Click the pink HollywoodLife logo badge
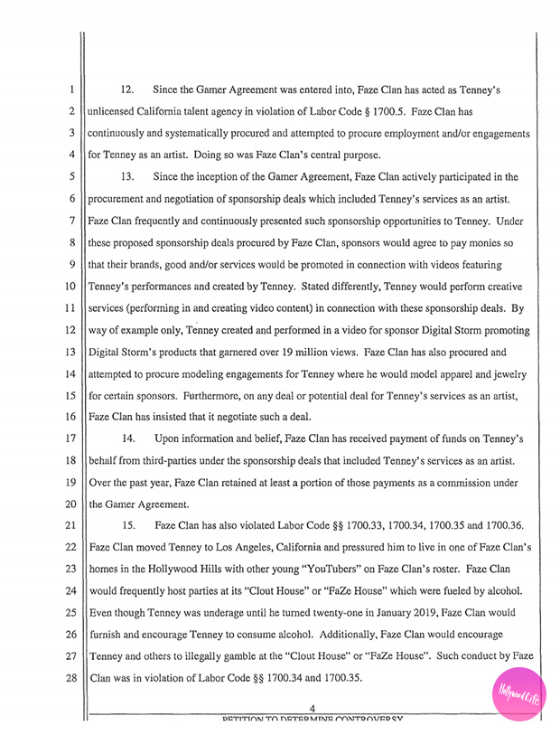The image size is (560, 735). (518, 693)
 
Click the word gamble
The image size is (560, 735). (229, 656)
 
